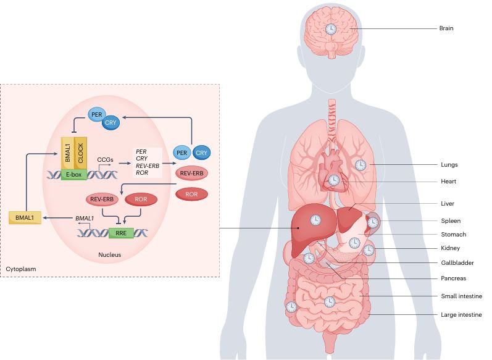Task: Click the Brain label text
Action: (446, 28)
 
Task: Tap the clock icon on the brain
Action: (331, 30)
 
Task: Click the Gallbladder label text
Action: (457, 262)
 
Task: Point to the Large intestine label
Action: (461, 315)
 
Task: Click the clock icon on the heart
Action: (333, 180)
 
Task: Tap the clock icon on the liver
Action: (315, 220)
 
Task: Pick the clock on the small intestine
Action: (330, 302)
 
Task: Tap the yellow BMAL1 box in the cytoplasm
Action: (25, 218)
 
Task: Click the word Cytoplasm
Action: (21, 270)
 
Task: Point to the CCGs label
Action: (104, 159)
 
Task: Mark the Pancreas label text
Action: (454, 278)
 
